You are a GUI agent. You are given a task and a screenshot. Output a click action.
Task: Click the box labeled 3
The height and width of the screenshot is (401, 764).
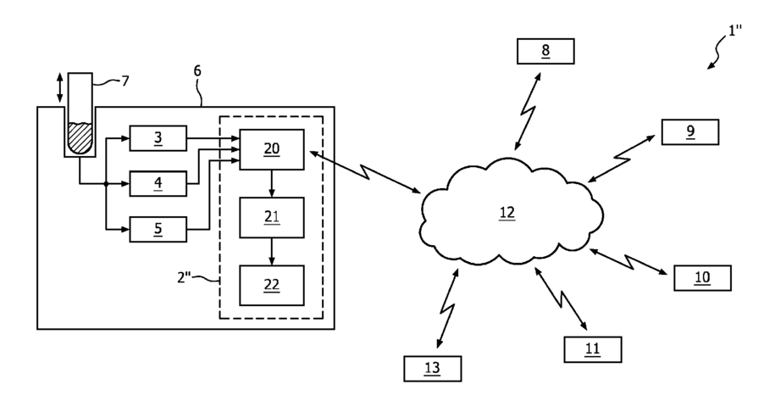pyautogui.click(x=158, y=138)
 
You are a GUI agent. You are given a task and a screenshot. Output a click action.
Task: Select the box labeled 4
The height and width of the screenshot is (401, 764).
pyautogui.click(x=158, y=183)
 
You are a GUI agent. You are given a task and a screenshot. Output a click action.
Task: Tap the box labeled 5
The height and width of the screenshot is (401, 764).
pyautogui.click(x=158, y=229)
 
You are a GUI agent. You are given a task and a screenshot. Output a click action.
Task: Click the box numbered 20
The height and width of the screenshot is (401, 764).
pyautogui.click(x=272, y=149)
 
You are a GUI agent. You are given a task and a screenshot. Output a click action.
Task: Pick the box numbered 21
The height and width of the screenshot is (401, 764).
pyautogui.click(x=272, y=218)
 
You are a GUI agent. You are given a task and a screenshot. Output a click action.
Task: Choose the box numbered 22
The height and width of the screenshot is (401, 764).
pyautogui.click(x=272, y=286)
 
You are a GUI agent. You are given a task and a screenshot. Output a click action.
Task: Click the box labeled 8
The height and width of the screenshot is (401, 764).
pyautogui.click(x=545, y=51)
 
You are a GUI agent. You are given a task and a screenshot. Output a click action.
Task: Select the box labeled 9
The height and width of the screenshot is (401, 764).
pyautogui.click(x=690, y=131)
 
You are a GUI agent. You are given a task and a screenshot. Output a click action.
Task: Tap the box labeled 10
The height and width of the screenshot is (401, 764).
pyautogui.click(x=703, y=278)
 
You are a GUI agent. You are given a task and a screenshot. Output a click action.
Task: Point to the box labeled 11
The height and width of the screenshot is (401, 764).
pyautogui.click(x=593, y=349)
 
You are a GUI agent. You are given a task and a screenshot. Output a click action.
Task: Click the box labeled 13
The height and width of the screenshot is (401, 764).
pyautogui.click(x=433, y=368)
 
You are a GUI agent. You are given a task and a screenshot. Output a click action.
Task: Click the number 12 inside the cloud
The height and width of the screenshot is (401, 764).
pyautogui.click(x=507, y=213)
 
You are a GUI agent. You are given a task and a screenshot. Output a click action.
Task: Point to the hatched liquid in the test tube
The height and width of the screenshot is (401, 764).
pyautogui.click(x=80, y=138)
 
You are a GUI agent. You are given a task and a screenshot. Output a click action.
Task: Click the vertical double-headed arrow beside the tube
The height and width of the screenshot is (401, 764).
pyautogui.click(x=59, y=88)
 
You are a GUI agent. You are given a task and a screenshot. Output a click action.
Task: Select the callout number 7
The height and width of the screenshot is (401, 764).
pyautogui.click(x=125, y=81)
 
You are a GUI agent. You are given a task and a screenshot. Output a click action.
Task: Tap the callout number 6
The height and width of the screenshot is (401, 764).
pyautogui.click(x=197, y=71)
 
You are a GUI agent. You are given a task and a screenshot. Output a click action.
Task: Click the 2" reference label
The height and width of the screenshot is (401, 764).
pyautogui.click(x=184, y=277)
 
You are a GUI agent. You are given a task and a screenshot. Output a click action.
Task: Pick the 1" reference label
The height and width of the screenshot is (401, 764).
pyautogui.click(x=734, y=31)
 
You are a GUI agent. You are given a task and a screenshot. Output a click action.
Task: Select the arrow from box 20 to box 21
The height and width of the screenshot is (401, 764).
pyautogui.click(x=272, y=183)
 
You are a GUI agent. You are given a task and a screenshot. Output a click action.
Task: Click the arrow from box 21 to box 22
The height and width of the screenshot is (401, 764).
pyautogui.click(x=272, y=252)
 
